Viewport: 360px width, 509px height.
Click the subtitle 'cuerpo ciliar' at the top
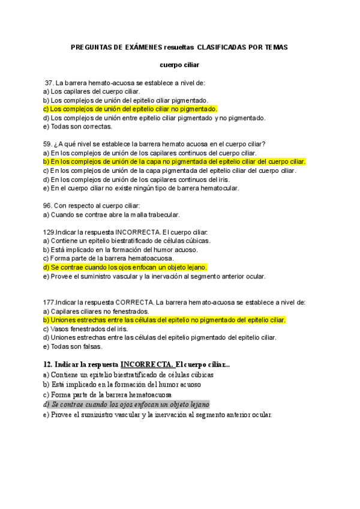coord(179,64)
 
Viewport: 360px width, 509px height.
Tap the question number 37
coord(49,83)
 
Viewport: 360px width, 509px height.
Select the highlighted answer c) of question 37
coord(130,109)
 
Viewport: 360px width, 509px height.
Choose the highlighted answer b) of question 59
coord(175,161)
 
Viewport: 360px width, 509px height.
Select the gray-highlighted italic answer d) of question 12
coord(126,405)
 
